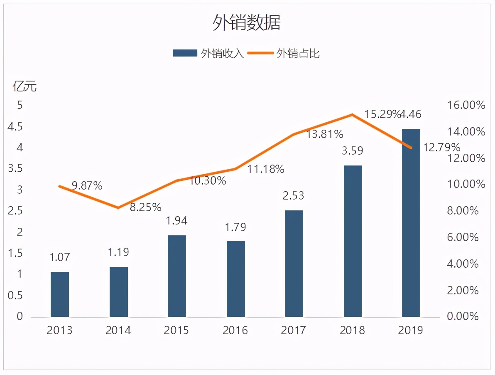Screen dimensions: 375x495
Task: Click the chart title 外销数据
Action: point(247,23)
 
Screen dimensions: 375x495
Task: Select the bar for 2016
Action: point(236,279)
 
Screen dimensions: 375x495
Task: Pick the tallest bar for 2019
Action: point(411,223)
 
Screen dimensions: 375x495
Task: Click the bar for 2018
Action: point(353,241)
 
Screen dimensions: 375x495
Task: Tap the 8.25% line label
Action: point(145,207)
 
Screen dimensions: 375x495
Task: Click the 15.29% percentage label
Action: point(382,114)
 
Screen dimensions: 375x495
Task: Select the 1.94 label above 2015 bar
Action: point(177,221)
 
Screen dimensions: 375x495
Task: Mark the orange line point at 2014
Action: point(118,207)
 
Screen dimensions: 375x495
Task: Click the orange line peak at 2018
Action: point(352,114)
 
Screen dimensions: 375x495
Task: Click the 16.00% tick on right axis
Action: point(466,105)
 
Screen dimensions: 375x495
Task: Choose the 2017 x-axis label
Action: point(294,331)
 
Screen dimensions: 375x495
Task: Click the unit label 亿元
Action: point(25,86)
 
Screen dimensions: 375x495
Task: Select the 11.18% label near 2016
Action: point(266,169)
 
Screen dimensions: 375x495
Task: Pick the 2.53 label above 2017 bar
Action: point(294,195)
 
